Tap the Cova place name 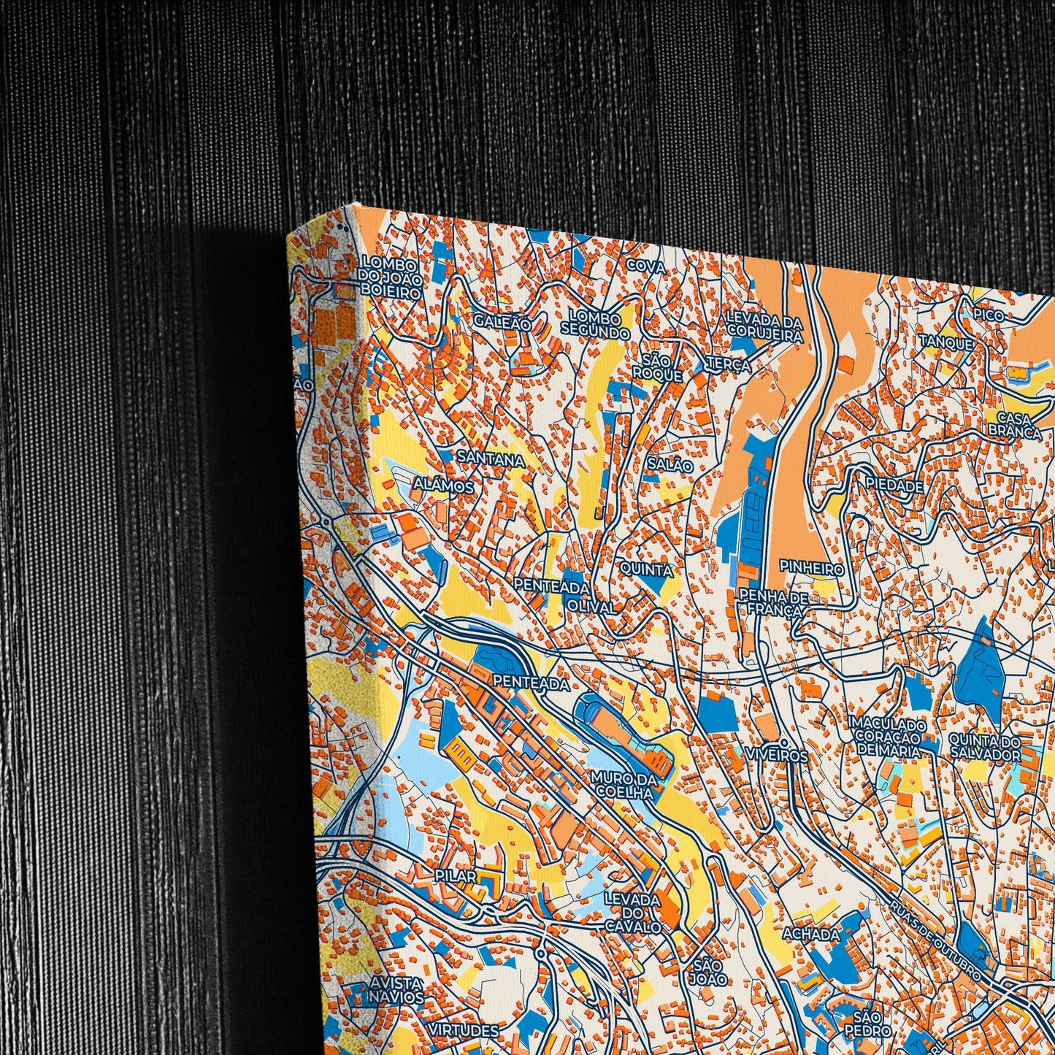[646, 267]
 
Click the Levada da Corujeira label [764, 329]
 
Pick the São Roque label [657, 367]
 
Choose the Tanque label [945, 342]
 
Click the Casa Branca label [1014, 425]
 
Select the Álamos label [443, 486]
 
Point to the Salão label [670, 464]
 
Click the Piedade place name [894, 485]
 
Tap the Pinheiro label [811, 567]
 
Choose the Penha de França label [773, 605]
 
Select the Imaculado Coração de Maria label [887, 737]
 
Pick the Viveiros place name [777, 756]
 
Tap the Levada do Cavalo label [633, 913]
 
